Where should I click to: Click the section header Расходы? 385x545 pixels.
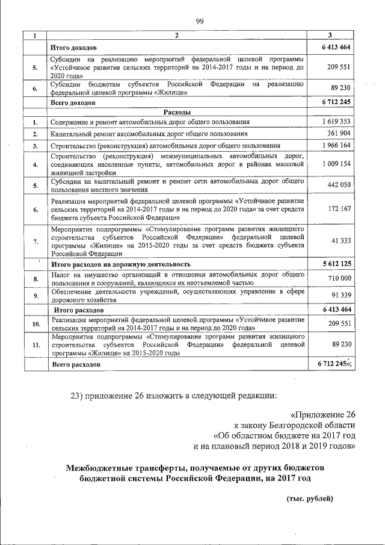point(177,112)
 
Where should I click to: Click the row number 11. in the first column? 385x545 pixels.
point(35,345)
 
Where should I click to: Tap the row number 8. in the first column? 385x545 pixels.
point(35,278)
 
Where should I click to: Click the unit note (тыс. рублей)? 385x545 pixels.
point(309,499)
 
